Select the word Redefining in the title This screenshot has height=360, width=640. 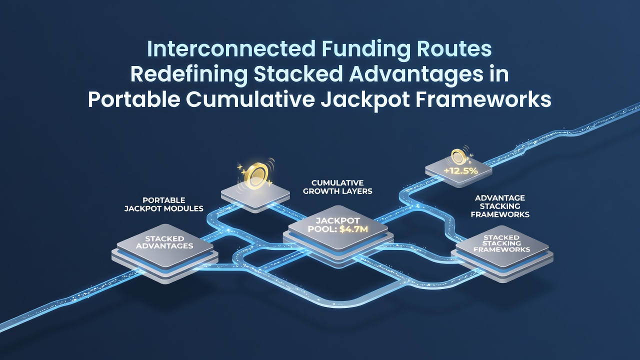pos(189,74)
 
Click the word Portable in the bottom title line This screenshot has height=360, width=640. pos(133,99)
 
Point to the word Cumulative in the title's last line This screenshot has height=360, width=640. pos(251,99)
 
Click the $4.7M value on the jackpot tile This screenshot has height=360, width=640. pos(353,229)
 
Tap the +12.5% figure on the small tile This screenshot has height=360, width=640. pos(460,171)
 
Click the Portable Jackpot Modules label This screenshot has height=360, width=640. pos(163,204)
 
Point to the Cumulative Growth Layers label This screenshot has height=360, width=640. pos(337,187)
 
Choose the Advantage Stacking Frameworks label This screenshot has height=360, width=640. pos(500,206)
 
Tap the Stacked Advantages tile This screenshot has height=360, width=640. pos(165,254)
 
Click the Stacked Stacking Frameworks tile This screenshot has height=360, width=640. pos(502,253)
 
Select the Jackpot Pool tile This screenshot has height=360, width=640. pos(338,236)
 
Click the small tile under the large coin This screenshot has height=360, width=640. pos(255,196)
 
